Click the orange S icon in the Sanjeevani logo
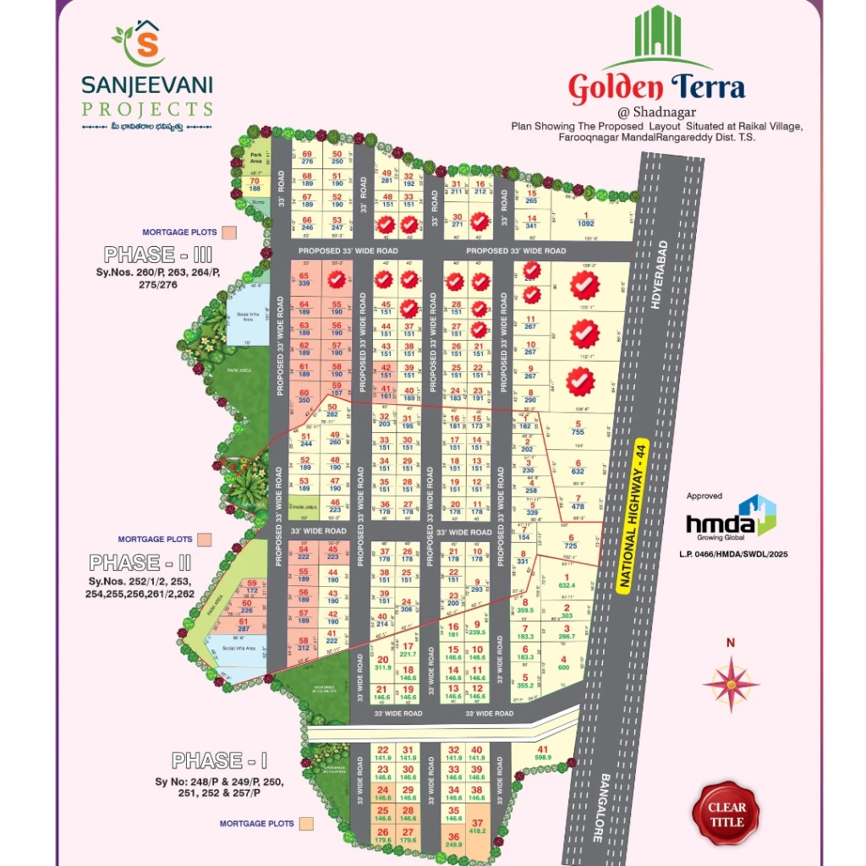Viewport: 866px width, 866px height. [146, 46]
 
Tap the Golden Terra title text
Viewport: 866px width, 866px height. [656, 87]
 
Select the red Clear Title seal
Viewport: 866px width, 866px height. [726, 814]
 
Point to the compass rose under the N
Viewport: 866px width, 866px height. [731, 683]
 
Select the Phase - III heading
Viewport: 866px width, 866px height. [157, 255]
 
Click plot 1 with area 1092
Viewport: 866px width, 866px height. [585, 220]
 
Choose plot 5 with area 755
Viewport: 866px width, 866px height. [578, 428]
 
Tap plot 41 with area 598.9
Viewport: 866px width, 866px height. [543, 754]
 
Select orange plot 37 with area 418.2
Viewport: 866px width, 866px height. [478, 826]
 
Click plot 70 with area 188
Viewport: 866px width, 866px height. [253, 185]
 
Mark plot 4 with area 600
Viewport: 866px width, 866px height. [564, 663]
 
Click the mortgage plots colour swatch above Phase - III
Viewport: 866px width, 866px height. [229, 232]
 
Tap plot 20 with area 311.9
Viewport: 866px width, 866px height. [382, 663]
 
